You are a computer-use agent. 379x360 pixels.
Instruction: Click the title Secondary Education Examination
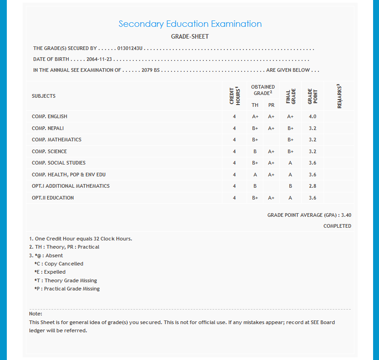coord(190,24)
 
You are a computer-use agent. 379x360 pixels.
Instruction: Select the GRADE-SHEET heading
coord(190,36)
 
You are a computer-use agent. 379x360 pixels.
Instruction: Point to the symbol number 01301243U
coord(130,48)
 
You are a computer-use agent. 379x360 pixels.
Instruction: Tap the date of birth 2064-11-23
coord(99,60)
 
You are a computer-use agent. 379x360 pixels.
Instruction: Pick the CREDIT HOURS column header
coord(234,96)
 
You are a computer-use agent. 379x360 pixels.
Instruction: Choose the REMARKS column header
coord(339,96)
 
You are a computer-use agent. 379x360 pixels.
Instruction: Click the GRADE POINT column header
coord(313,96)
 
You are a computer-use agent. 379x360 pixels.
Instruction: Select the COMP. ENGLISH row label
coord(50,117)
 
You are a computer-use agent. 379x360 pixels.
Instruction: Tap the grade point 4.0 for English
coord(313,117)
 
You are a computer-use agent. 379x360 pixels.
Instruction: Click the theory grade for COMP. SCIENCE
coord(255,151)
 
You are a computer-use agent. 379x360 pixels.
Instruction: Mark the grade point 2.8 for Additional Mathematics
coord(313,186)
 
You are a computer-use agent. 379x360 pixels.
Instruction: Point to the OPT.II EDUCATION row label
coord(53,198)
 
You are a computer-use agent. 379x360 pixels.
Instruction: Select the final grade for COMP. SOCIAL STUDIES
coord(290,163)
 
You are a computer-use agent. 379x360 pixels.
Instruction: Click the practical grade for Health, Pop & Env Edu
coord(271,175)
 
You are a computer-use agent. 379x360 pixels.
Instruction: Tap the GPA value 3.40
coord(346,215)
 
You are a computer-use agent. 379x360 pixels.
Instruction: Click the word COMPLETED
coord(337,226)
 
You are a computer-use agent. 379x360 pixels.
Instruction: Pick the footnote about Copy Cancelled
coord(59,264)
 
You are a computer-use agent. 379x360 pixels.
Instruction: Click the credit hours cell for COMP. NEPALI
coord(234,128)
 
